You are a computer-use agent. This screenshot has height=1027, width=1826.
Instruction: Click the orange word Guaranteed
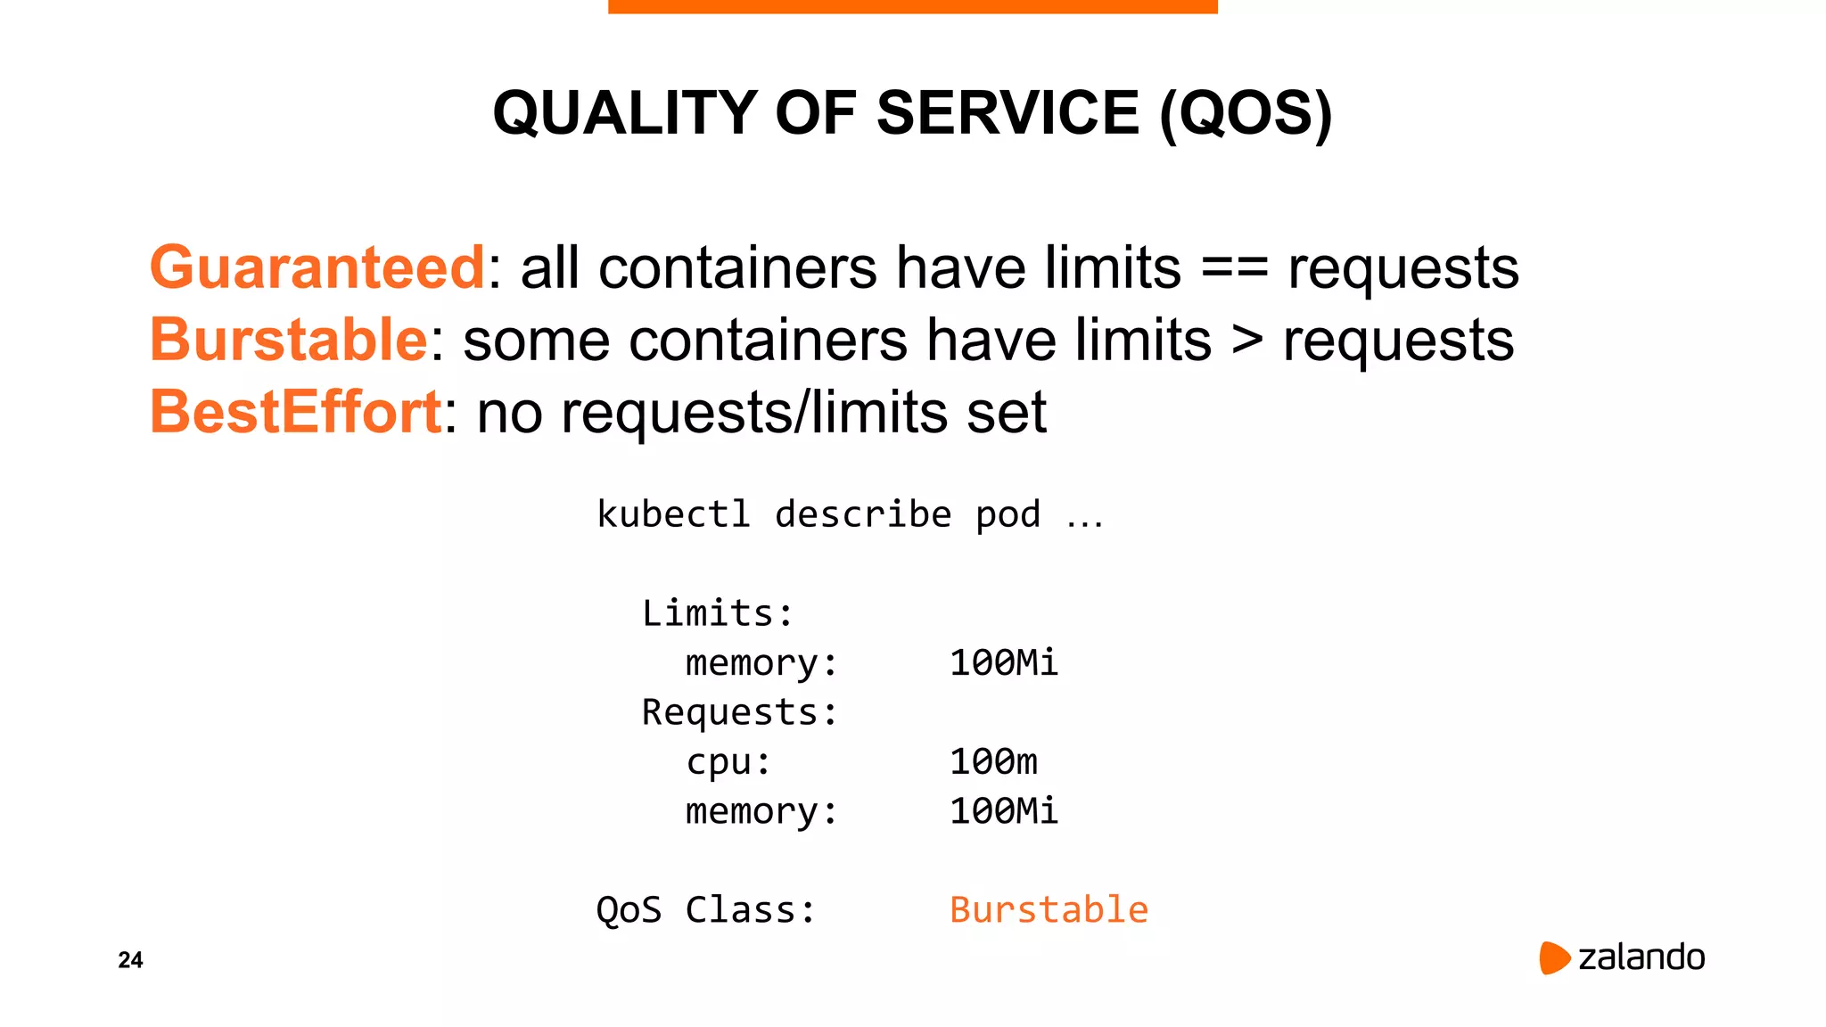point(317,267)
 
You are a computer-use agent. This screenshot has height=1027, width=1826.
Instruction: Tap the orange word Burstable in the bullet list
point(289,340)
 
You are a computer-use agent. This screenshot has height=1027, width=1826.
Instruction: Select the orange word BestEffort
point(295,412)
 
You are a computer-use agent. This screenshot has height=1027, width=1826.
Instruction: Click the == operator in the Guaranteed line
point(1234,267)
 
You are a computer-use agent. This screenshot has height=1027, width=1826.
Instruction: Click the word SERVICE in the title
point(1008,113)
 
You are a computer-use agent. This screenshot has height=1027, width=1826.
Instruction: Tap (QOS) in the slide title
point(1246,113)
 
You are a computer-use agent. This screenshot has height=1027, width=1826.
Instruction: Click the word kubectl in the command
point(673,514)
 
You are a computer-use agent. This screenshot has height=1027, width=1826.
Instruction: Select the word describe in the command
point(863,514)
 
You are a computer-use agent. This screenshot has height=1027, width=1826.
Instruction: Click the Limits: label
point(717,613)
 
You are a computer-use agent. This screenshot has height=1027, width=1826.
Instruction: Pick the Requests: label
point(739,712)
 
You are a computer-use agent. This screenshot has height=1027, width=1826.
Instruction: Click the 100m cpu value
point(993,761)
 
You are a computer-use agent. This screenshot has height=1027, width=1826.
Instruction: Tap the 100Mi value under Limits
point(1003,662)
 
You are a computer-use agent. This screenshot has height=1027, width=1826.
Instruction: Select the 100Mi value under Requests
point(1003,811)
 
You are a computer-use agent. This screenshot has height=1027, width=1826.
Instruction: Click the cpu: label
point(728,762)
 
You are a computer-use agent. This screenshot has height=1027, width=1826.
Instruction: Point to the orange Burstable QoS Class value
point(1049,910)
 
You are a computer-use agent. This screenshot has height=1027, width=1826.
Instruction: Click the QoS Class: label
point(705,910)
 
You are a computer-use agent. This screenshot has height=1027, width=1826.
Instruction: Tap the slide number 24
point(130,960)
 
